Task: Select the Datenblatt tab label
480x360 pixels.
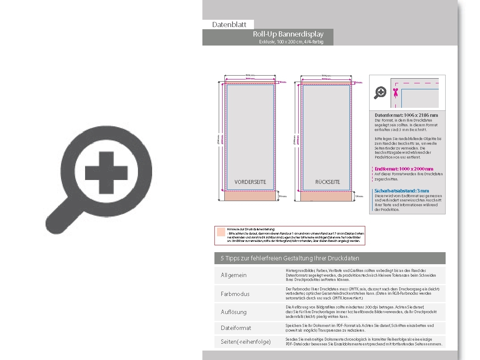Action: click(x=229, y=24)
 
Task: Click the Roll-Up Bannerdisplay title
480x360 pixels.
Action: click(x=288, y=34)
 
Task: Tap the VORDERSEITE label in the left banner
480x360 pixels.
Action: click(x=250, y=182)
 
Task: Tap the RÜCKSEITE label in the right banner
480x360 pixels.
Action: click(x=327, y=182)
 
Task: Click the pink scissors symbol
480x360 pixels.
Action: click(x=395, y=92)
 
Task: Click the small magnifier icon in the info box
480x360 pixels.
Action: click(x=380, y=92)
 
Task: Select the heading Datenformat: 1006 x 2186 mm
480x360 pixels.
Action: click(x=406, y=115)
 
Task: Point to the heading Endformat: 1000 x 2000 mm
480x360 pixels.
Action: click(x=404, y=169)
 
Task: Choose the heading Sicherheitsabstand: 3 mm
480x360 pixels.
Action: click(x=401, y=191)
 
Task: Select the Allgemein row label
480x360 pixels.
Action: click(x=233, y=275)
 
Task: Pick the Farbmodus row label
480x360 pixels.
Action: click(x=235, y=294)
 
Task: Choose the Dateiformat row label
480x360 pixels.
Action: click(x=235, y=328)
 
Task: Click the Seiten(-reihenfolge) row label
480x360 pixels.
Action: click(x=245, y=342)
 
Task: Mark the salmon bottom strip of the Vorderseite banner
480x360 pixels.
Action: click(x=250, y=196)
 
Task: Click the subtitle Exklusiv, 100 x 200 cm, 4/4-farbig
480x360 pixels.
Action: click(x=291, y=42)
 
